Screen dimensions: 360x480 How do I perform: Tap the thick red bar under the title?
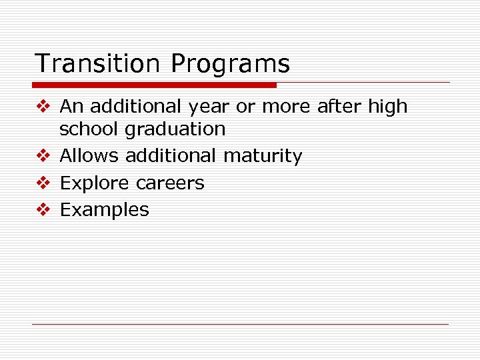coord(154,85)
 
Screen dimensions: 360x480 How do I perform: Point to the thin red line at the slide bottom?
coord(240,324)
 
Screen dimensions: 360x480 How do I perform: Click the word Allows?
coord(89,156)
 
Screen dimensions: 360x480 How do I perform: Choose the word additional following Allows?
coord(171,156)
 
